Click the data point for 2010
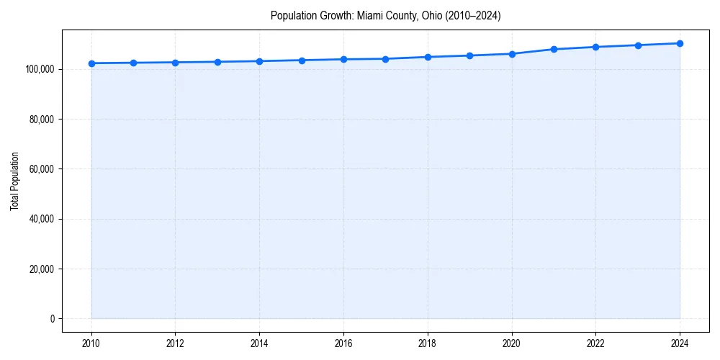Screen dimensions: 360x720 91,63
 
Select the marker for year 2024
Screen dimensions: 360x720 680,43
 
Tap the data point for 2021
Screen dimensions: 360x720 554,49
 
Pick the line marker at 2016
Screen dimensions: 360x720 343,59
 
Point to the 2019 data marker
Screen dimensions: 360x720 469,55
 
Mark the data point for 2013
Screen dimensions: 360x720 217,62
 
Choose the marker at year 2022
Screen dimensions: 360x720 595,47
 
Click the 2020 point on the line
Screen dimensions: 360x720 512,54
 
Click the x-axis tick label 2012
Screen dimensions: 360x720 175,344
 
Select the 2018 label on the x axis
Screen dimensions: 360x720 428,344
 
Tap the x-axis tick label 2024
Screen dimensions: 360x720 680,344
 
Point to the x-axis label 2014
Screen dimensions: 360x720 259,344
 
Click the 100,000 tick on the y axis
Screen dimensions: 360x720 39,69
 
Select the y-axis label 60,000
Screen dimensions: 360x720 41,169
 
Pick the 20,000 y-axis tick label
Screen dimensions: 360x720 41,269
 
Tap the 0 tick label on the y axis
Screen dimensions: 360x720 52,319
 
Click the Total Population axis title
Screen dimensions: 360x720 14,181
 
